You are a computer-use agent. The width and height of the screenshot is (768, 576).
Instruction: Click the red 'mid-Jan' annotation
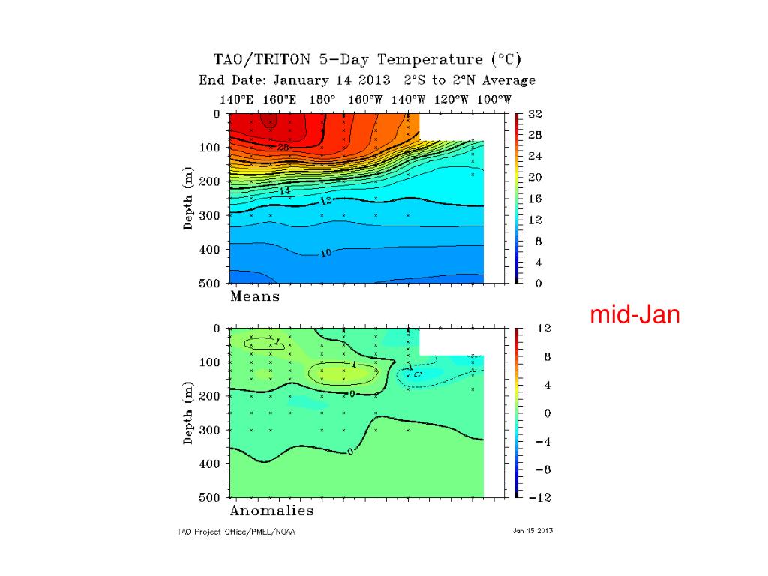635,315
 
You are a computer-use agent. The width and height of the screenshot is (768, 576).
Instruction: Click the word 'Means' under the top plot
255,296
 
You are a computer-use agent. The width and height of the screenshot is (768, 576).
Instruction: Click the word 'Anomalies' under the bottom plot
271,511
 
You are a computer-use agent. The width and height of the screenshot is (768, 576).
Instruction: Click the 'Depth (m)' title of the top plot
189,199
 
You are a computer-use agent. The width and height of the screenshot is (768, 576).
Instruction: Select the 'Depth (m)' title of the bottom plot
189,413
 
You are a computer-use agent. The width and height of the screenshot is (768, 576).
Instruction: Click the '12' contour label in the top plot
325,202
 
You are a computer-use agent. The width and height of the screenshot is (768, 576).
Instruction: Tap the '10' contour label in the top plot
325,253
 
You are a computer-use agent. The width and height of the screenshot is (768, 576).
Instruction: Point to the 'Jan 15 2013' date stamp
532,531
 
